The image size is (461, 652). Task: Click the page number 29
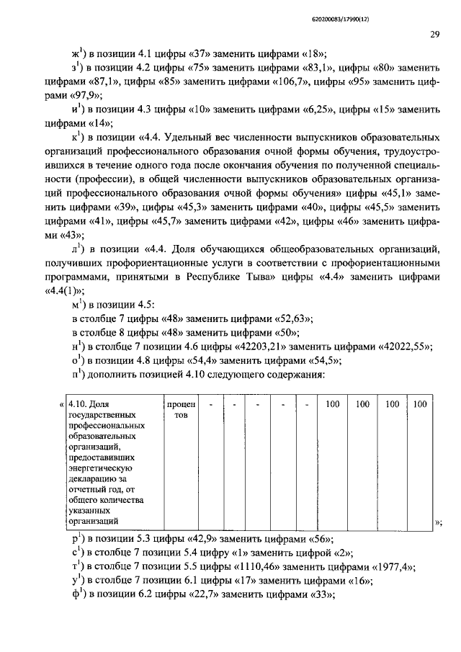[434, 34]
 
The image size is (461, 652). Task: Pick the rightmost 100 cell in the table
[421, 405]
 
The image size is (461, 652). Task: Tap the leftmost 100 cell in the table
[331, 405]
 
